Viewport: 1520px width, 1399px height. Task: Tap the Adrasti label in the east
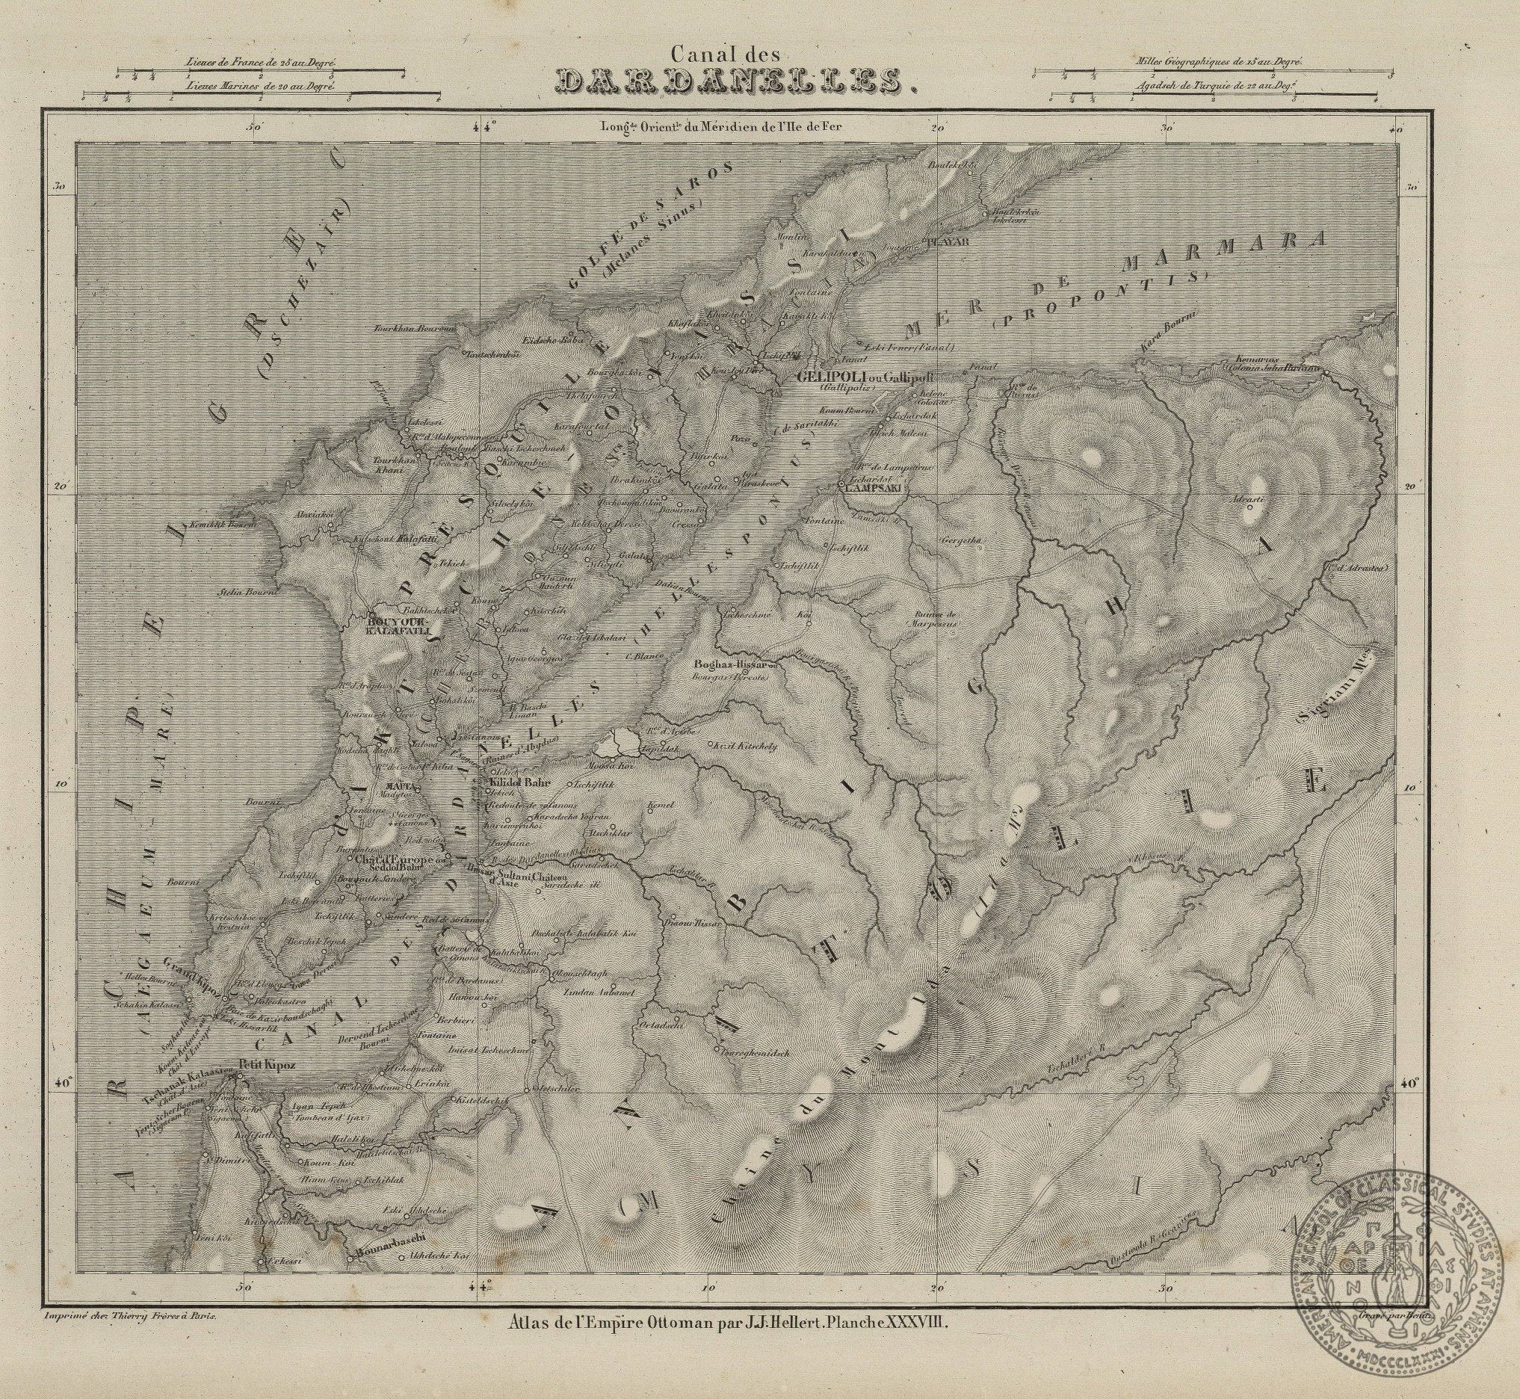pos(1246,501)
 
